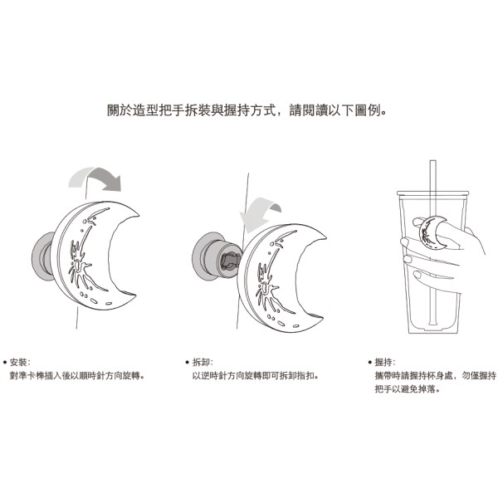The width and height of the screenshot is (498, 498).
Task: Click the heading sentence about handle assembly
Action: (247, 110)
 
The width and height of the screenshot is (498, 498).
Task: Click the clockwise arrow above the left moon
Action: (95, 178)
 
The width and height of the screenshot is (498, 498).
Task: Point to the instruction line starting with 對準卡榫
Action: (78, 376)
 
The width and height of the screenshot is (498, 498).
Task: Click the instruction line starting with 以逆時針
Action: (256, 376)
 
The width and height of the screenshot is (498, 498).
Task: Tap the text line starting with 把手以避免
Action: (408, 388)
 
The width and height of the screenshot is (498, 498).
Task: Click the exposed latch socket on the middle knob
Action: (230, 261)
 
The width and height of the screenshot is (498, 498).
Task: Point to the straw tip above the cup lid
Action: (433, 162)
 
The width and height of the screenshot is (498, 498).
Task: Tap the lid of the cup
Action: (433, 193)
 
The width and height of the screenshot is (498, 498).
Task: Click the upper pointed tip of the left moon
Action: (138, 216)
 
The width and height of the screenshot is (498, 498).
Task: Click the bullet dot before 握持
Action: (369, 363)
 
